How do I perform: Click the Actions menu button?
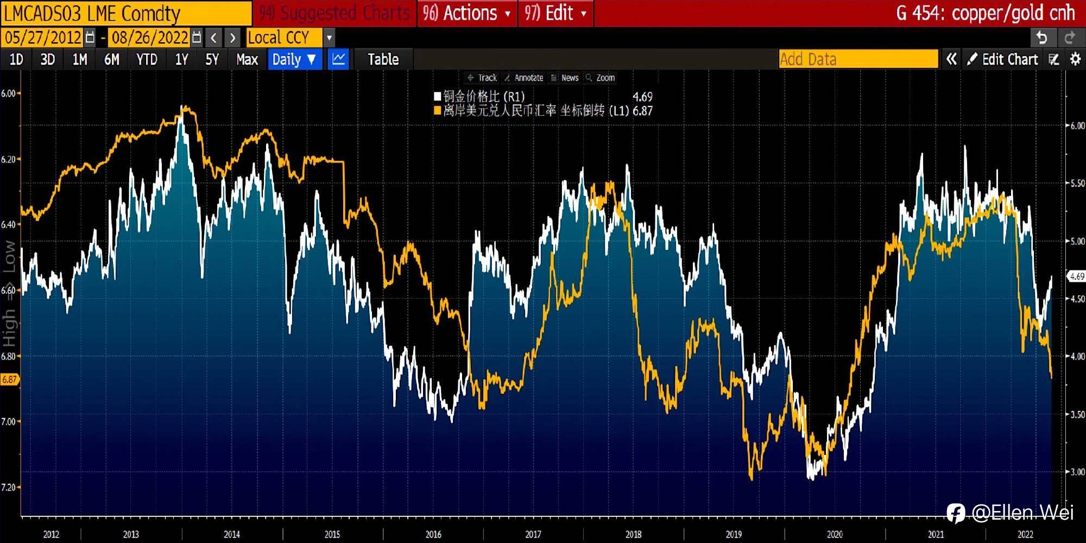466,13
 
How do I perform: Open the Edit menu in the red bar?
555,13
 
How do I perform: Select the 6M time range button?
111,59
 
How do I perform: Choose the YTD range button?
147,59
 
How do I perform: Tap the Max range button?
247,59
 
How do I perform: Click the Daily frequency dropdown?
294,59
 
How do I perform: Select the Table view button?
383,59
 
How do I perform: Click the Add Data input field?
858,59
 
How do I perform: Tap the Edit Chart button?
1003,59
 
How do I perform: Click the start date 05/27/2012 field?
43,37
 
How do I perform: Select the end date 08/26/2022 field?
150,37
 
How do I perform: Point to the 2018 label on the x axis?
633,534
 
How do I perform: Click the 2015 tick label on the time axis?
332,534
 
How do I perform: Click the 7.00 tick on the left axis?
8,421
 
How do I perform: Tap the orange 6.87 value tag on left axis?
9,380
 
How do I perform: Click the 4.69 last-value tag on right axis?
1076,276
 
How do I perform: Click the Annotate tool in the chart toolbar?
525,78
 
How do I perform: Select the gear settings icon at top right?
1075,59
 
